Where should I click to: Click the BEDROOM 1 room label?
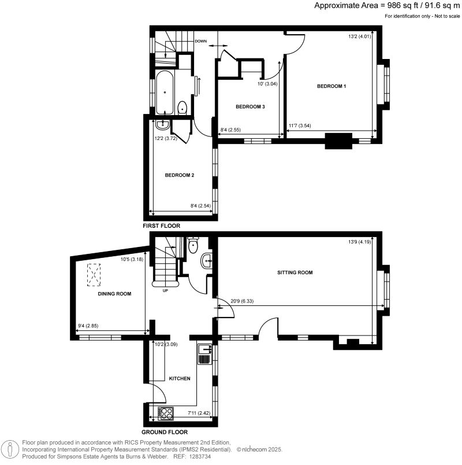331,86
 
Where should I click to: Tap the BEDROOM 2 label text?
179,175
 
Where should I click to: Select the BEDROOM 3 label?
250,106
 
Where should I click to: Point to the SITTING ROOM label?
295,272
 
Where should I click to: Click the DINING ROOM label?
114,294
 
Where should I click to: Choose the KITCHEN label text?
179,378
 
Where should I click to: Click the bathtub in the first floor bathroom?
165,93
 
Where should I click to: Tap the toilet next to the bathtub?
182,108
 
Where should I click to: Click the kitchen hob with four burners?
166,413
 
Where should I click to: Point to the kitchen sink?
204,354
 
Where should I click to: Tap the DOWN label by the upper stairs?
200,41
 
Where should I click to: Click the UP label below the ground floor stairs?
165,290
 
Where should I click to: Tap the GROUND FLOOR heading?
164,431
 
